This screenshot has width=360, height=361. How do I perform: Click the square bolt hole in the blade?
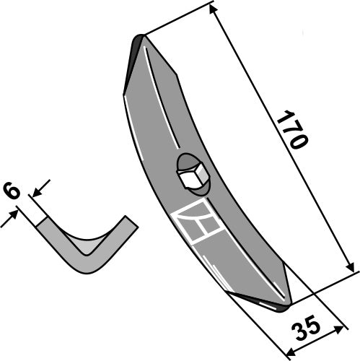[193, 175]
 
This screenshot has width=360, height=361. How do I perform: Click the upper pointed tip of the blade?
[141, 38]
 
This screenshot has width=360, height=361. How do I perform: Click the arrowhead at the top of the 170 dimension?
[214, 8]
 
